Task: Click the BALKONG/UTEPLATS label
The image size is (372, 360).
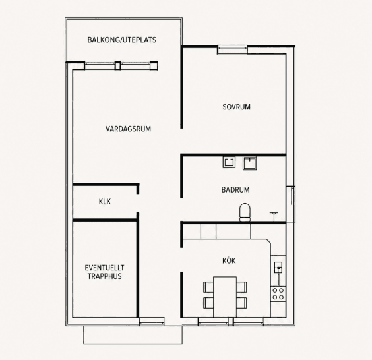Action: pos(122,40)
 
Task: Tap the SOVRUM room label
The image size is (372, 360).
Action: pos(236,107)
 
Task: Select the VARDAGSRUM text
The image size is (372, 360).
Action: pos(128,129)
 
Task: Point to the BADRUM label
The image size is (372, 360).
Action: pos(235,190)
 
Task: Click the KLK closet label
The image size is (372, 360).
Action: pos(105,202)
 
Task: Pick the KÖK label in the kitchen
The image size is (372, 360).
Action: pos(229,260)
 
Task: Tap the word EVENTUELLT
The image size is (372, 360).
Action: pos(104,268)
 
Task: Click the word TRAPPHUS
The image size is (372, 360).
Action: pos(105,276)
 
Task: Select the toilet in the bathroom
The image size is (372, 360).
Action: pos(245,212)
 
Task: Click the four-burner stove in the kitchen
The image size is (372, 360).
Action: pos(278,294)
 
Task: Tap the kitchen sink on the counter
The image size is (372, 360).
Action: pos(278,268)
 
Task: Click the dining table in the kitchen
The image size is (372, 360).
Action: pos(225,297)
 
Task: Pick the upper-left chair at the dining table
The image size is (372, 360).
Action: pos(208,287)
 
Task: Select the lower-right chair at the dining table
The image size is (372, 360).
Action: pos(241,303)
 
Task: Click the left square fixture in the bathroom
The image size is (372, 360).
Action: pos(229,162)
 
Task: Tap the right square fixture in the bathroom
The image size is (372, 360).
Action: pos(249,163)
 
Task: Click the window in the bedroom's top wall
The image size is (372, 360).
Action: pos(232,49)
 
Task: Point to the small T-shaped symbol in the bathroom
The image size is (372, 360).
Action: pos(274,216)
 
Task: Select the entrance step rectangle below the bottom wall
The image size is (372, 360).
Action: pos(133,335)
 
